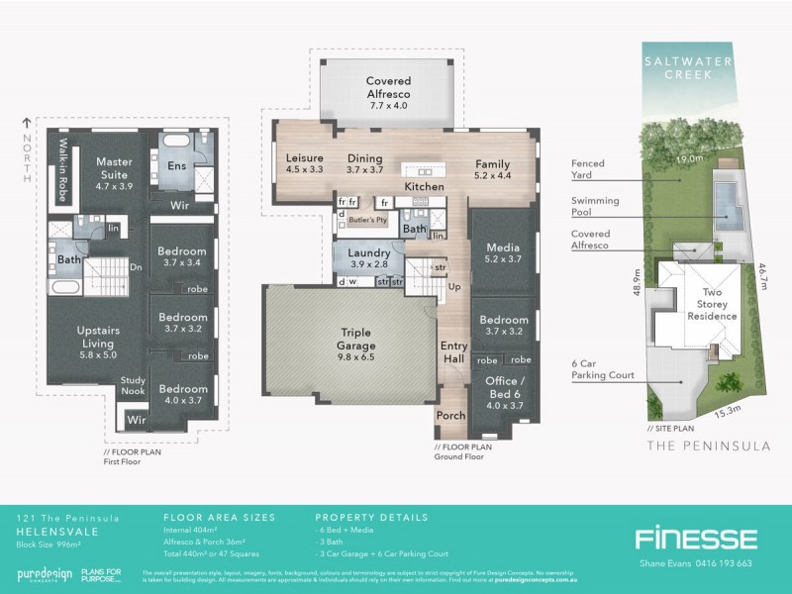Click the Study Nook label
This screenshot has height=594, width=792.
(x=133, y=384)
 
